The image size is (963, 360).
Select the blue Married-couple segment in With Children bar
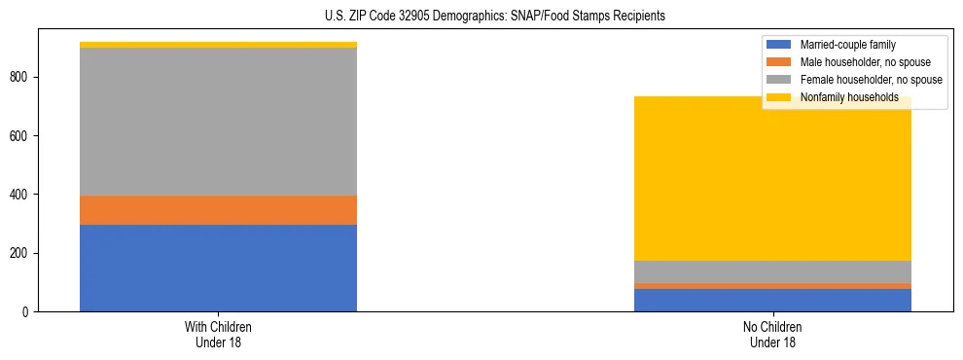[218, 268]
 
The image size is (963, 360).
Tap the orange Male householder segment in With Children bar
[218, 210]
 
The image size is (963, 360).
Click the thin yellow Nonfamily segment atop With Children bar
[218, 45]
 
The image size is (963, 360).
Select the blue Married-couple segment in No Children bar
[772, 300]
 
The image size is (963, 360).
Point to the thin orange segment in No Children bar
[772, 286]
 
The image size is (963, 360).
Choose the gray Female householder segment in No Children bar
[772, 271]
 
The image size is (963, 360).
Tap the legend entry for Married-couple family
[846, 45]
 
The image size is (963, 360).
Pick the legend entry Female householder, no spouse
[870, 80]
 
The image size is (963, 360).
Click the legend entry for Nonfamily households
[849, 97]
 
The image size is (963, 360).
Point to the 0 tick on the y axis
[26, 312]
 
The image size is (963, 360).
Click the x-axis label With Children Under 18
[218, 335]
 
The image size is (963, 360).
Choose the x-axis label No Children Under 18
[772, 335]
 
